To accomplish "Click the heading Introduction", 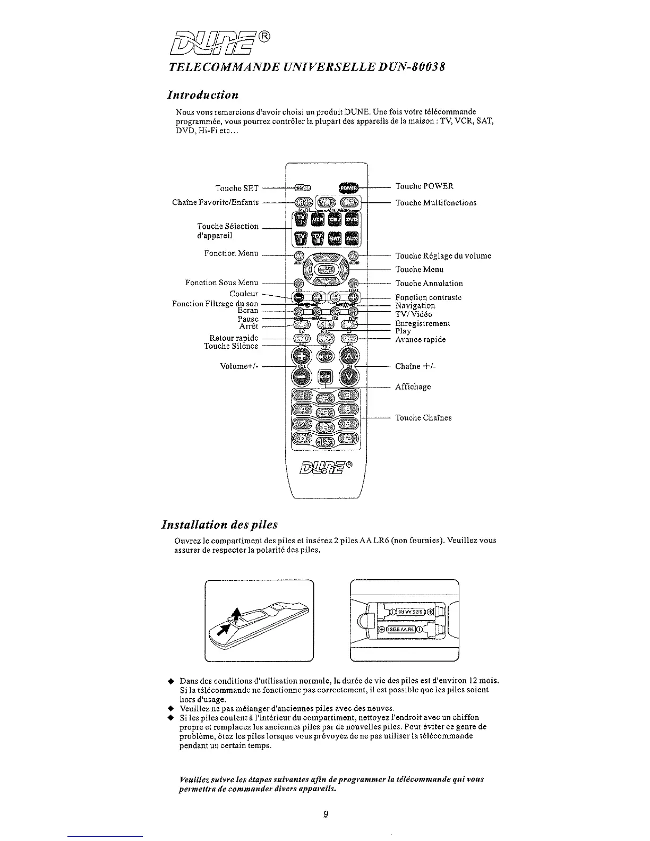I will point(202,95).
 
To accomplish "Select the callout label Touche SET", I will point(237,188).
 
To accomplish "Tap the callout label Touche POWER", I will point(424,186).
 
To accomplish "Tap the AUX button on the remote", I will point(352,239).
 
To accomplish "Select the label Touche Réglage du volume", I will point(443,256).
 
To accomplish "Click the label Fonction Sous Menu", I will point(221,282).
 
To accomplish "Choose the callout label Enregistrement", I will point(422,323).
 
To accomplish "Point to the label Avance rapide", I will point(420,339).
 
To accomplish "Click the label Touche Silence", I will point(231,346).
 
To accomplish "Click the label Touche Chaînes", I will point(423,418).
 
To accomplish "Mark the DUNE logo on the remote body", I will point(326,468).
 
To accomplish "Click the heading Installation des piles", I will point(219,525).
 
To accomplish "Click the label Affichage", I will point(413,387).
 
